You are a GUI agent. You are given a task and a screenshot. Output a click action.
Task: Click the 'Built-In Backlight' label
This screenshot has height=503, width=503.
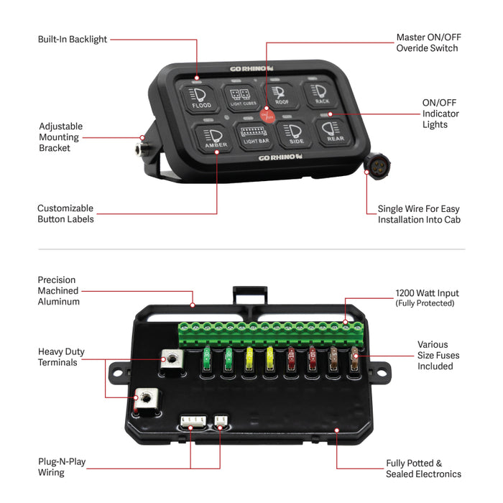click(x=73, y=40)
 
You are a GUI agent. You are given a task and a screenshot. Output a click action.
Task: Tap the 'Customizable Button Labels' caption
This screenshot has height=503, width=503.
click(x=65, y=213)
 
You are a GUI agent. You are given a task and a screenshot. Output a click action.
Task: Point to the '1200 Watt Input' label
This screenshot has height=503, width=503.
click(x=427, y=294)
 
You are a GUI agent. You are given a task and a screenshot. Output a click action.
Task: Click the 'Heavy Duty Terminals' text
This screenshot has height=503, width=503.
click(x=61, y=358)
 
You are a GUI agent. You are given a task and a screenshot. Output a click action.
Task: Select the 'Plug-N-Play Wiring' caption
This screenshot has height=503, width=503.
click(x=62, y=466)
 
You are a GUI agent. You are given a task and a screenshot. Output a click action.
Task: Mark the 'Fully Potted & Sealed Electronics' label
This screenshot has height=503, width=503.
click(x=424, y=469)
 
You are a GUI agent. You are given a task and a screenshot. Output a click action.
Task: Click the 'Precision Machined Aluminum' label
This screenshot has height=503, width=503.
click(x=59, y=291)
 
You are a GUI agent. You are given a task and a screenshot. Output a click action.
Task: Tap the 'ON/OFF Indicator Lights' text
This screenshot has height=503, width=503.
click(x=440, y=114)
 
